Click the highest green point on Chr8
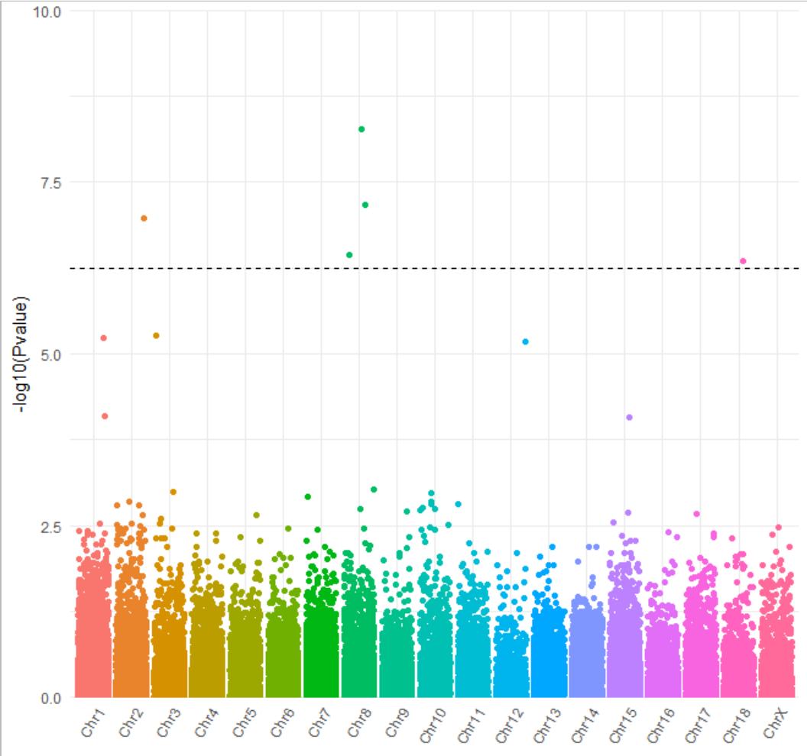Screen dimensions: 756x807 point(361,129)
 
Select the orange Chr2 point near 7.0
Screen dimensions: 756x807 point(144,218)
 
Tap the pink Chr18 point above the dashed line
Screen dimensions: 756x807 point(743,261)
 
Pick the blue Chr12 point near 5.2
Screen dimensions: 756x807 point(525,341)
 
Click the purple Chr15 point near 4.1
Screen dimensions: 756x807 point(629,417)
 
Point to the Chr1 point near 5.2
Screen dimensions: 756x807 point(104,338)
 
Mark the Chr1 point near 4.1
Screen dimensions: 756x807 point(105,416)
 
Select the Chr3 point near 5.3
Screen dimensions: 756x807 point(156,335)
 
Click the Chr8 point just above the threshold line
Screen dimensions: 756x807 point(349,254)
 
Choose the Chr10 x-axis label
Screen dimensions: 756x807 point(431,728)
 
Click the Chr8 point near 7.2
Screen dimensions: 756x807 point(365,205)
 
